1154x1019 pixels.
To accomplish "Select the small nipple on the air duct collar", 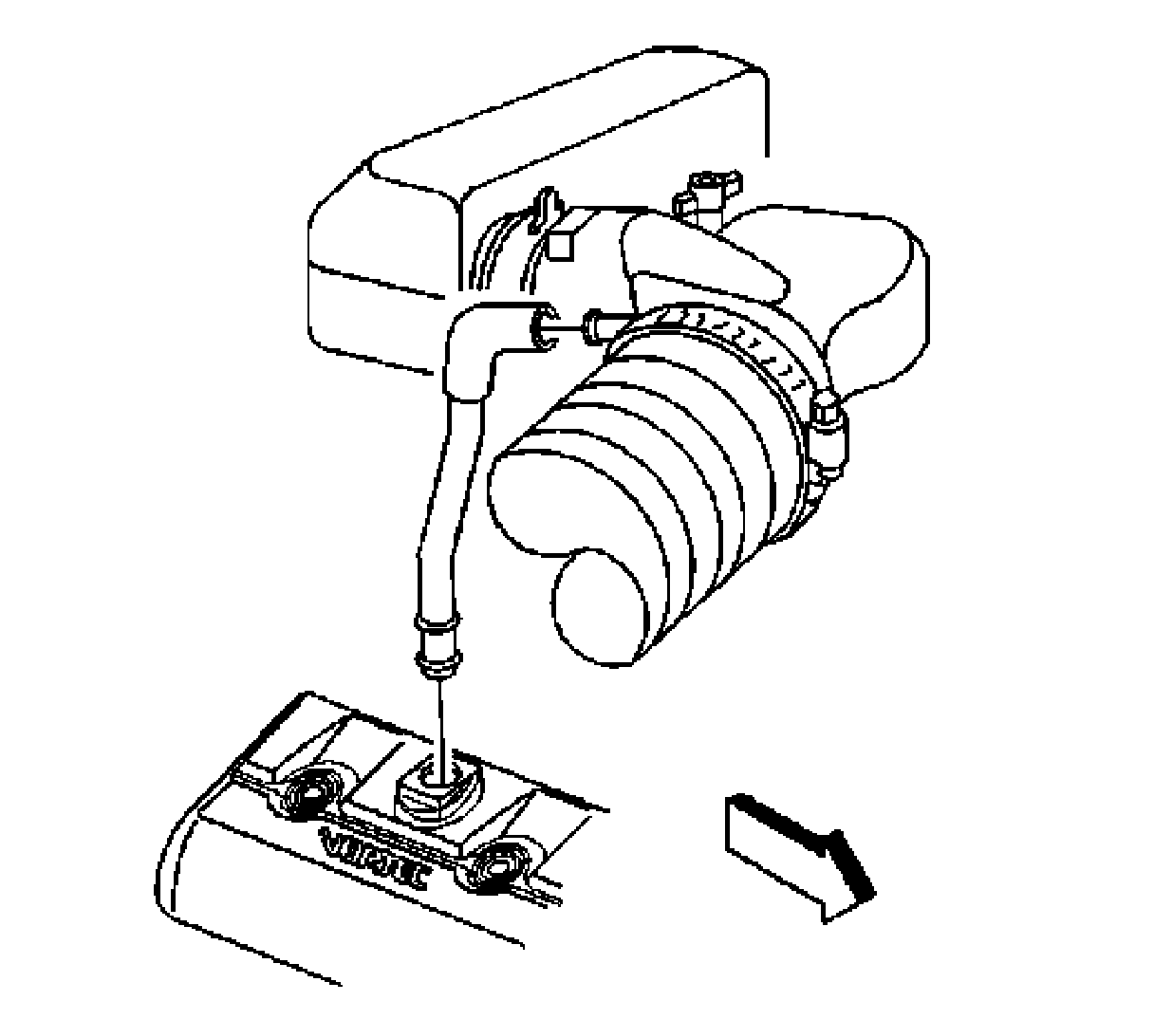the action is [x=595, y=324].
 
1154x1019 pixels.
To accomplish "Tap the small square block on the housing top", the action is [x=561, y=244].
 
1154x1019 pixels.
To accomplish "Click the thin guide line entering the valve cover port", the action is [x=441, y=721].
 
